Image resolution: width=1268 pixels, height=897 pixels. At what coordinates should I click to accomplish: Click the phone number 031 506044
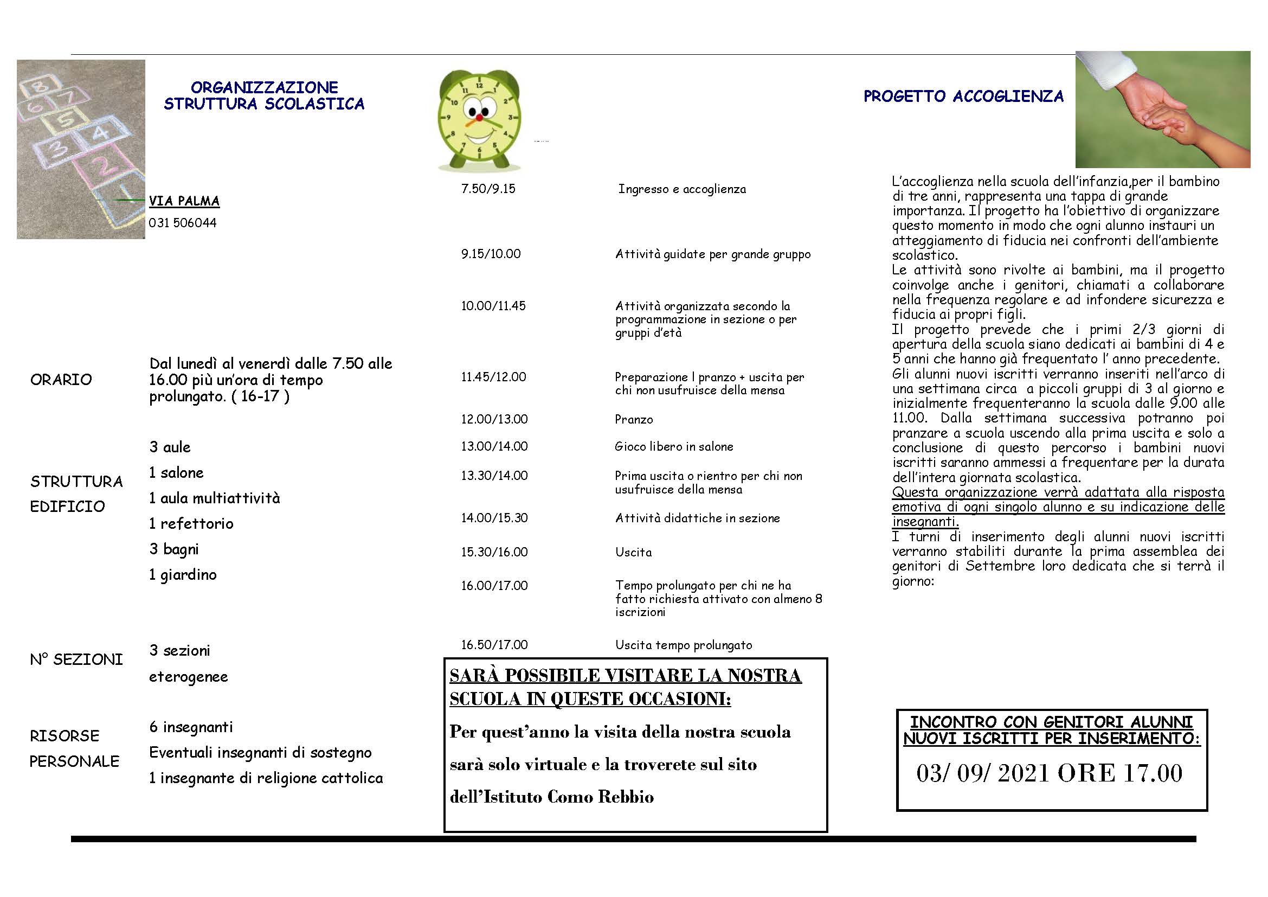(x=183, y=223)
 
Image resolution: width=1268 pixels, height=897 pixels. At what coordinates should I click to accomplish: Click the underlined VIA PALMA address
(x=184, y=201)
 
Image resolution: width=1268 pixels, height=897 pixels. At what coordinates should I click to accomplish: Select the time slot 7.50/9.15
(x=488, y=189)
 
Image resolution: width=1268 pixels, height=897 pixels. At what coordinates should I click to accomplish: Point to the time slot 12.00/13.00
(x=494, y=419)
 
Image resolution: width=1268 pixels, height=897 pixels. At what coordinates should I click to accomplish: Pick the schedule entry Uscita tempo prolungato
(x=683, y=645)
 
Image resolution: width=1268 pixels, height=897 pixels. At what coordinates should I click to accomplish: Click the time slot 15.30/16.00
(x=494, y=552)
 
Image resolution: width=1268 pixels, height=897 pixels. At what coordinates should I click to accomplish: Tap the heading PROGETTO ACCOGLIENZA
(x=963, y=97)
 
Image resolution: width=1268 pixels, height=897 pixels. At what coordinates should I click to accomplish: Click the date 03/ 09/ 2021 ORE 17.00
(x=1050, y=773)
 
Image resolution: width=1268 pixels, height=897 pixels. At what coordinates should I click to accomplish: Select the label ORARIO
(x=61, y=380)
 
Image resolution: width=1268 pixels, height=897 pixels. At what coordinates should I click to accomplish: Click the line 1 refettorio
(x=191, y=524)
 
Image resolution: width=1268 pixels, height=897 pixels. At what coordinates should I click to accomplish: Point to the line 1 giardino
(x=183, y=575)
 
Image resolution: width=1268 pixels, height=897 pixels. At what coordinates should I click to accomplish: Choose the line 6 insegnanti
(x=191, y=727)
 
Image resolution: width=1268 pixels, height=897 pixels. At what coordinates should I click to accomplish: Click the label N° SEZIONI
(x=76, y=659)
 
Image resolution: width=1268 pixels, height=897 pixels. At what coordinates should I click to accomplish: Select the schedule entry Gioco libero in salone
(x=674, y=446)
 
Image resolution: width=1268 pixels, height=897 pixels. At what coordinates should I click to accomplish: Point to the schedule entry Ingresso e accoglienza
(x=682, y=189)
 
